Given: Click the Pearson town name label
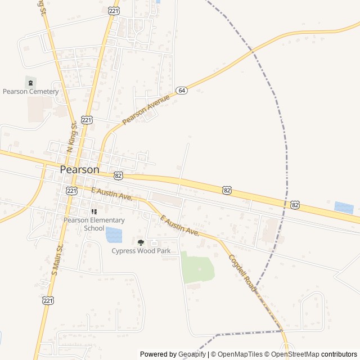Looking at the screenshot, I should coord(79,169).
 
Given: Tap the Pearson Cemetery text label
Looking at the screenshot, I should coord(30,92).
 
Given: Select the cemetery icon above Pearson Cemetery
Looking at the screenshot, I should coord(30,83).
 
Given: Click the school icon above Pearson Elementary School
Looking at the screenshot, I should coord(94,212).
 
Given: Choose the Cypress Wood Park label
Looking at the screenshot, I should coord(141,251).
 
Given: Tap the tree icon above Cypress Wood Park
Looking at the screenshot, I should coord(141,242).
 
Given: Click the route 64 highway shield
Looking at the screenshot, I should coord(181,90).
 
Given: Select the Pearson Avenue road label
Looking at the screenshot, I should coord(146,110).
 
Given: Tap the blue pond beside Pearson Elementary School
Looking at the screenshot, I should coord(114,235).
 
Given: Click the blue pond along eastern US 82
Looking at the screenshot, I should coord(344,208).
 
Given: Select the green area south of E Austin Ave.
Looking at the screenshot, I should coord(197,269).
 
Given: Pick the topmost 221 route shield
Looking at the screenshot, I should coord(113,10).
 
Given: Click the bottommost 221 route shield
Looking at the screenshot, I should coord(48,301).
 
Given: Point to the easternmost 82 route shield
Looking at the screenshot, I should coord(295,205).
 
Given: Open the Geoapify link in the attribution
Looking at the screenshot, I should coord(192,354).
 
